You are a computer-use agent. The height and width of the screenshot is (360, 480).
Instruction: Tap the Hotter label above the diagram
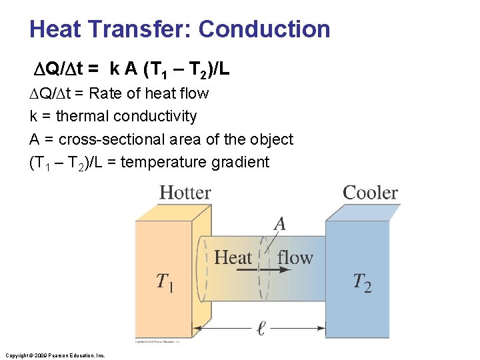[x=185, y=193]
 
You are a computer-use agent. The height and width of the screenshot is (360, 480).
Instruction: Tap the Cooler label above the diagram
[x=370, y=193]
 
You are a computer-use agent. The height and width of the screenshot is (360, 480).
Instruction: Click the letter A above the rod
[x=280, y=224]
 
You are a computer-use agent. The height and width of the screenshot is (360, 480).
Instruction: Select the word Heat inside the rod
[x=233, y=257]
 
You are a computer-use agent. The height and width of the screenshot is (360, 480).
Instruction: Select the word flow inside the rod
[x=295, y=257]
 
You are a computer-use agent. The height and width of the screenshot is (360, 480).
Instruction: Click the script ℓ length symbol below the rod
[x=261, y=328]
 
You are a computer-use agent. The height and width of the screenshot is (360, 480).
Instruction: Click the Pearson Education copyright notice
[x=55, y=355]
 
